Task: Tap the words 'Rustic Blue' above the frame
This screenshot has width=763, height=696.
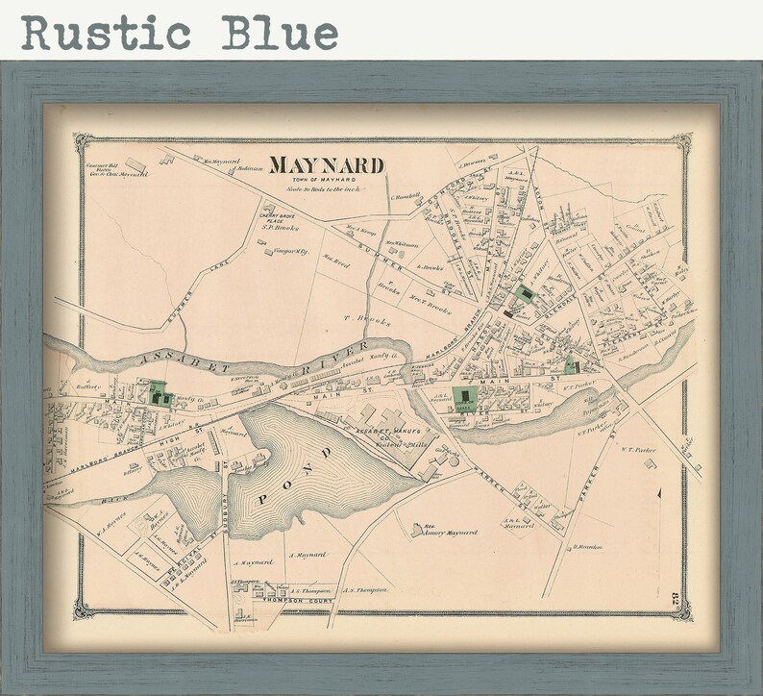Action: point(180,32)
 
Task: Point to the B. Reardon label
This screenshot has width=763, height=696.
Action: point(587,547)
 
